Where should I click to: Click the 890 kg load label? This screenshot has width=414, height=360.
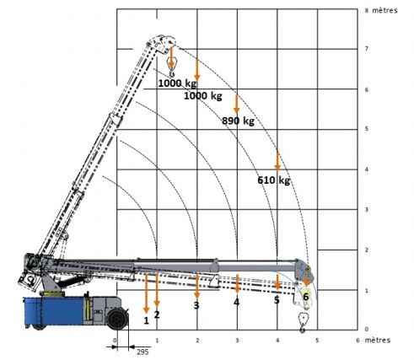[238, 121]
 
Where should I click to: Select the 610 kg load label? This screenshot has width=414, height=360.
[274, 180]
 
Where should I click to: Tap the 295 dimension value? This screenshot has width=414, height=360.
[142, 352]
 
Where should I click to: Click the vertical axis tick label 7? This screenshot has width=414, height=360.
[367, 49]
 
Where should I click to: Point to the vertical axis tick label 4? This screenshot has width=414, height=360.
[367, 169]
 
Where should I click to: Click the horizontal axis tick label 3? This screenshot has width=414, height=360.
[237, 341]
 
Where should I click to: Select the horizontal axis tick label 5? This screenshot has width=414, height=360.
[317, 341]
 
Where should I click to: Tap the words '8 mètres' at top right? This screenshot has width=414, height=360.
[381, 10]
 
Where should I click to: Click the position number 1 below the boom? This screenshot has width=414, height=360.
[146, 320]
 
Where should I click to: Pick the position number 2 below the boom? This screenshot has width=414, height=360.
[157, 314]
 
